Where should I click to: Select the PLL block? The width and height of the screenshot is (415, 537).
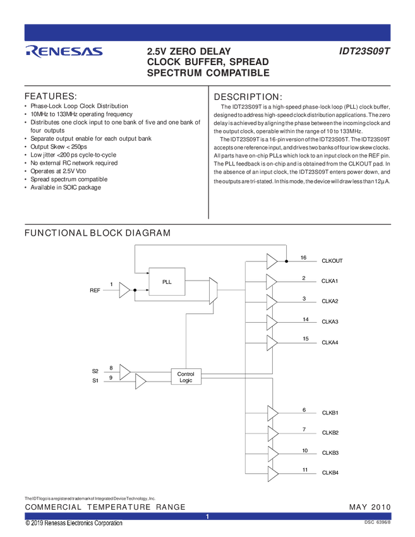click(x=166, y=281)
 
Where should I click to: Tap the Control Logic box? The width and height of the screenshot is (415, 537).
click(x=186, y=377)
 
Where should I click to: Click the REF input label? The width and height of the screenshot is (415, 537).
click(x=95, y=290)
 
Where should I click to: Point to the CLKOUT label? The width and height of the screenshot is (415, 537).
click(x=332, y=260)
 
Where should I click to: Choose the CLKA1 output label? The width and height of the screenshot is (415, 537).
click(x=330, y=281)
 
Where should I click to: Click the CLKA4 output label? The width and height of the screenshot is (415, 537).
click(x=330, y=342)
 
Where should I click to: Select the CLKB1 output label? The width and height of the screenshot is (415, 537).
click(x=330, y=413)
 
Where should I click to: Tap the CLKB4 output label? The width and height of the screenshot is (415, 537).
click(x=330, y=473)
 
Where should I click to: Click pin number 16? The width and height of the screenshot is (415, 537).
click(x=303, y=258)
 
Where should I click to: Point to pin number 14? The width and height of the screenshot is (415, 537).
click(x=305, y=320)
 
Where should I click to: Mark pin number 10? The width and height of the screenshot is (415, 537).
click(x=304, y=450)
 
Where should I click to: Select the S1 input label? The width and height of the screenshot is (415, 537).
click(x=95, y=380)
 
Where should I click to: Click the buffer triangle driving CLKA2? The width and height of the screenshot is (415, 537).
click(x=272, y=301)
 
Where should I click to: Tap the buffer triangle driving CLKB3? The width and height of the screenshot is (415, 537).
click(x=272, y=454)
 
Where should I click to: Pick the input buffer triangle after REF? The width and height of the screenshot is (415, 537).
click(x=124, y=291)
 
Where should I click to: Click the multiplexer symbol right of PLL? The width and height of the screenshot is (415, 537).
click(x=214, y=291)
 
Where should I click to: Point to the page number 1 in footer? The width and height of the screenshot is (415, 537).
click(x=207, y=517)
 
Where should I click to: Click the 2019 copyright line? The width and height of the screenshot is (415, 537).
click(x=74, y=524)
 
